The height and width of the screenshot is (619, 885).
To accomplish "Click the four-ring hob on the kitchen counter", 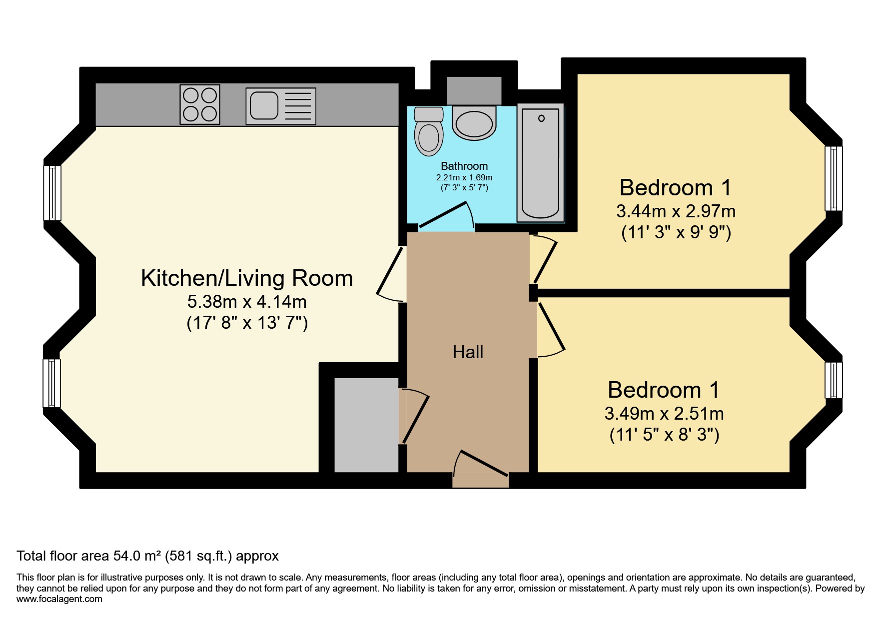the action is pos(200,104).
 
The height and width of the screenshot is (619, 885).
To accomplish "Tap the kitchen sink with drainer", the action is pos(281,106).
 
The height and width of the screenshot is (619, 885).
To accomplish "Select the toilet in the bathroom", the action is pos(429,131).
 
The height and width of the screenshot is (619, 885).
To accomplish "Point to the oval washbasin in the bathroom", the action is pos(474,123).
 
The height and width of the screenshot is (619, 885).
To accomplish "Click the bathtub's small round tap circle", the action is pos(541,118).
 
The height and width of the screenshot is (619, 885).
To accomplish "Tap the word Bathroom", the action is pos(464,166).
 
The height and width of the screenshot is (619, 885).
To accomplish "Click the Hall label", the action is pos(468,352).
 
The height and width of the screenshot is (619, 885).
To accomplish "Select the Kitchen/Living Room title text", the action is pos(247,278).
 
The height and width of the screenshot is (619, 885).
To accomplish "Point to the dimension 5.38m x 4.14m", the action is pos(247,302).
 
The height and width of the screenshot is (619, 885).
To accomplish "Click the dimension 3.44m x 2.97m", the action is pos(676,211).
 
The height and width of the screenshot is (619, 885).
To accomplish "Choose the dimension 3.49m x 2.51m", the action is pos(664,414).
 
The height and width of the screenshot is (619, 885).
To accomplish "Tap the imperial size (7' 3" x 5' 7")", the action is pos(464,188).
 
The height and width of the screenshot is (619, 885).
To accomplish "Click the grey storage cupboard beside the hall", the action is pos(366,425).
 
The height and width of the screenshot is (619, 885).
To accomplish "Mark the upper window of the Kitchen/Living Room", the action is pos(52,193).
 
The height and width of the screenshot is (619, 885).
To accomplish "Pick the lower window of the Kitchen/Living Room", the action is pos(52,383).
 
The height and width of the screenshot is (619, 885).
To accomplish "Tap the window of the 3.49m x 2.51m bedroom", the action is pos(834,380).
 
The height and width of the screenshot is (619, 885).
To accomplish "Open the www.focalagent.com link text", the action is pos(59,599).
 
